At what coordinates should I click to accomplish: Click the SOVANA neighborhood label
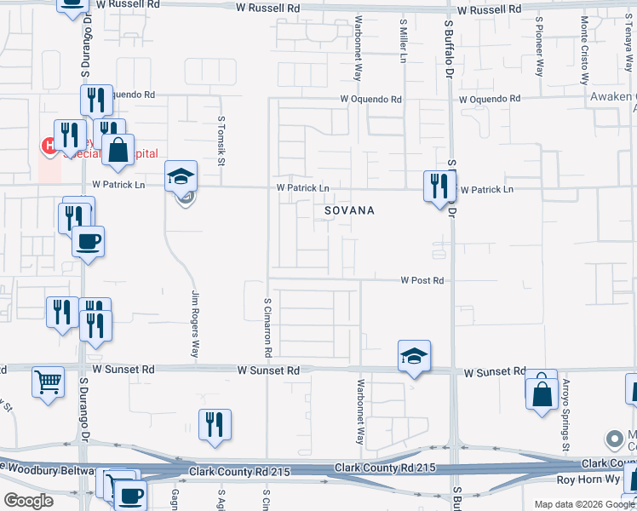pos(350,210)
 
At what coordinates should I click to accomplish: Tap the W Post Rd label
pos(423,280)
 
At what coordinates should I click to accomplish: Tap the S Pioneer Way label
pos(539,46)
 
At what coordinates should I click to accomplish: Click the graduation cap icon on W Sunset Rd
pos(414,355)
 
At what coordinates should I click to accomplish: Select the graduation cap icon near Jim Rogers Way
pos(181,176)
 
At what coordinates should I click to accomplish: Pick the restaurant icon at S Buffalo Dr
pos(439,186)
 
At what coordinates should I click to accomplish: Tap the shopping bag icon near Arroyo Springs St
pos(542,394)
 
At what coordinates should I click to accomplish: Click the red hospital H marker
pos(49,146)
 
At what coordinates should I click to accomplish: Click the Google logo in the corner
pos(28,501)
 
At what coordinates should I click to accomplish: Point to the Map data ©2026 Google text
pos(584,504)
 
